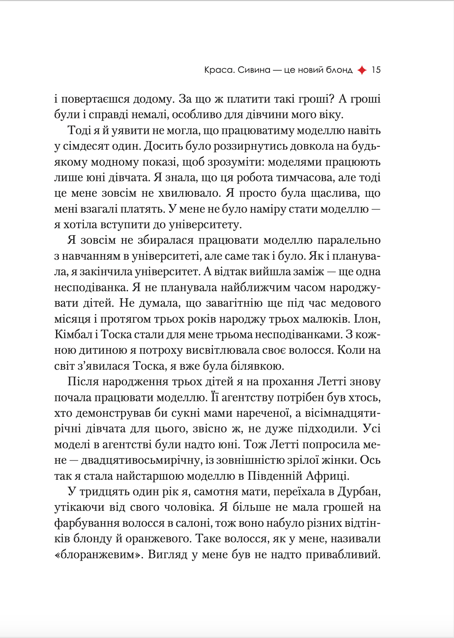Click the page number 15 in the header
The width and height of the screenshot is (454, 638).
click(376, 70)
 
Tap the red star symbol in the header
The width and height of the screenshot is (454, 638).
click(362, 70)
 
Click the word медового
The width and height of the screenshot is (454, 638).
click(355, 303)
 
